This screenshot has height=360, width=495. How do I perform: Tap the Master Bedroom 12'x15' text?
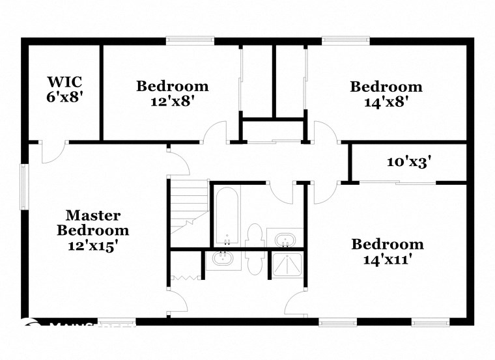pyautogui.click(x=92, y=230)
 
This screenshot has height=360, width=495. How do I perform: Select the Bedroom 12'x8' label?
pyautogui.click(x=172, y=93)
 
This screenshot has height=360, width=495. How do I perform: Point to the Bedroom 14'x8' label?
pyautogui.click(x=386, y=94)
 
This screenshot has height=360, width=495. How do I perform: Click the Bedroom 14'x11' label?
pyautogui.click(x=387, y=252)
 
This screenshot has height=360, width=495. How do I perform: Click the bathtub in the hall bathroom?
pyautogui.click(x=227, y=215)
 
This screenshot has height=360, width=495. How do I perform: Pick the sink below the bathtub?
pyautogui.click(x=223, y=260)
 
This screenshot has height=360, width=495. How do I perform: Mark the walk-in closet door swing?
pyautogui.click(x=50, y=153)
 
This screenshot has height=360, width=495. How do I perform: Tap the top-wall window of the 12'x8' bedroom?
pyautogui.click(x=190, y=40)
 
